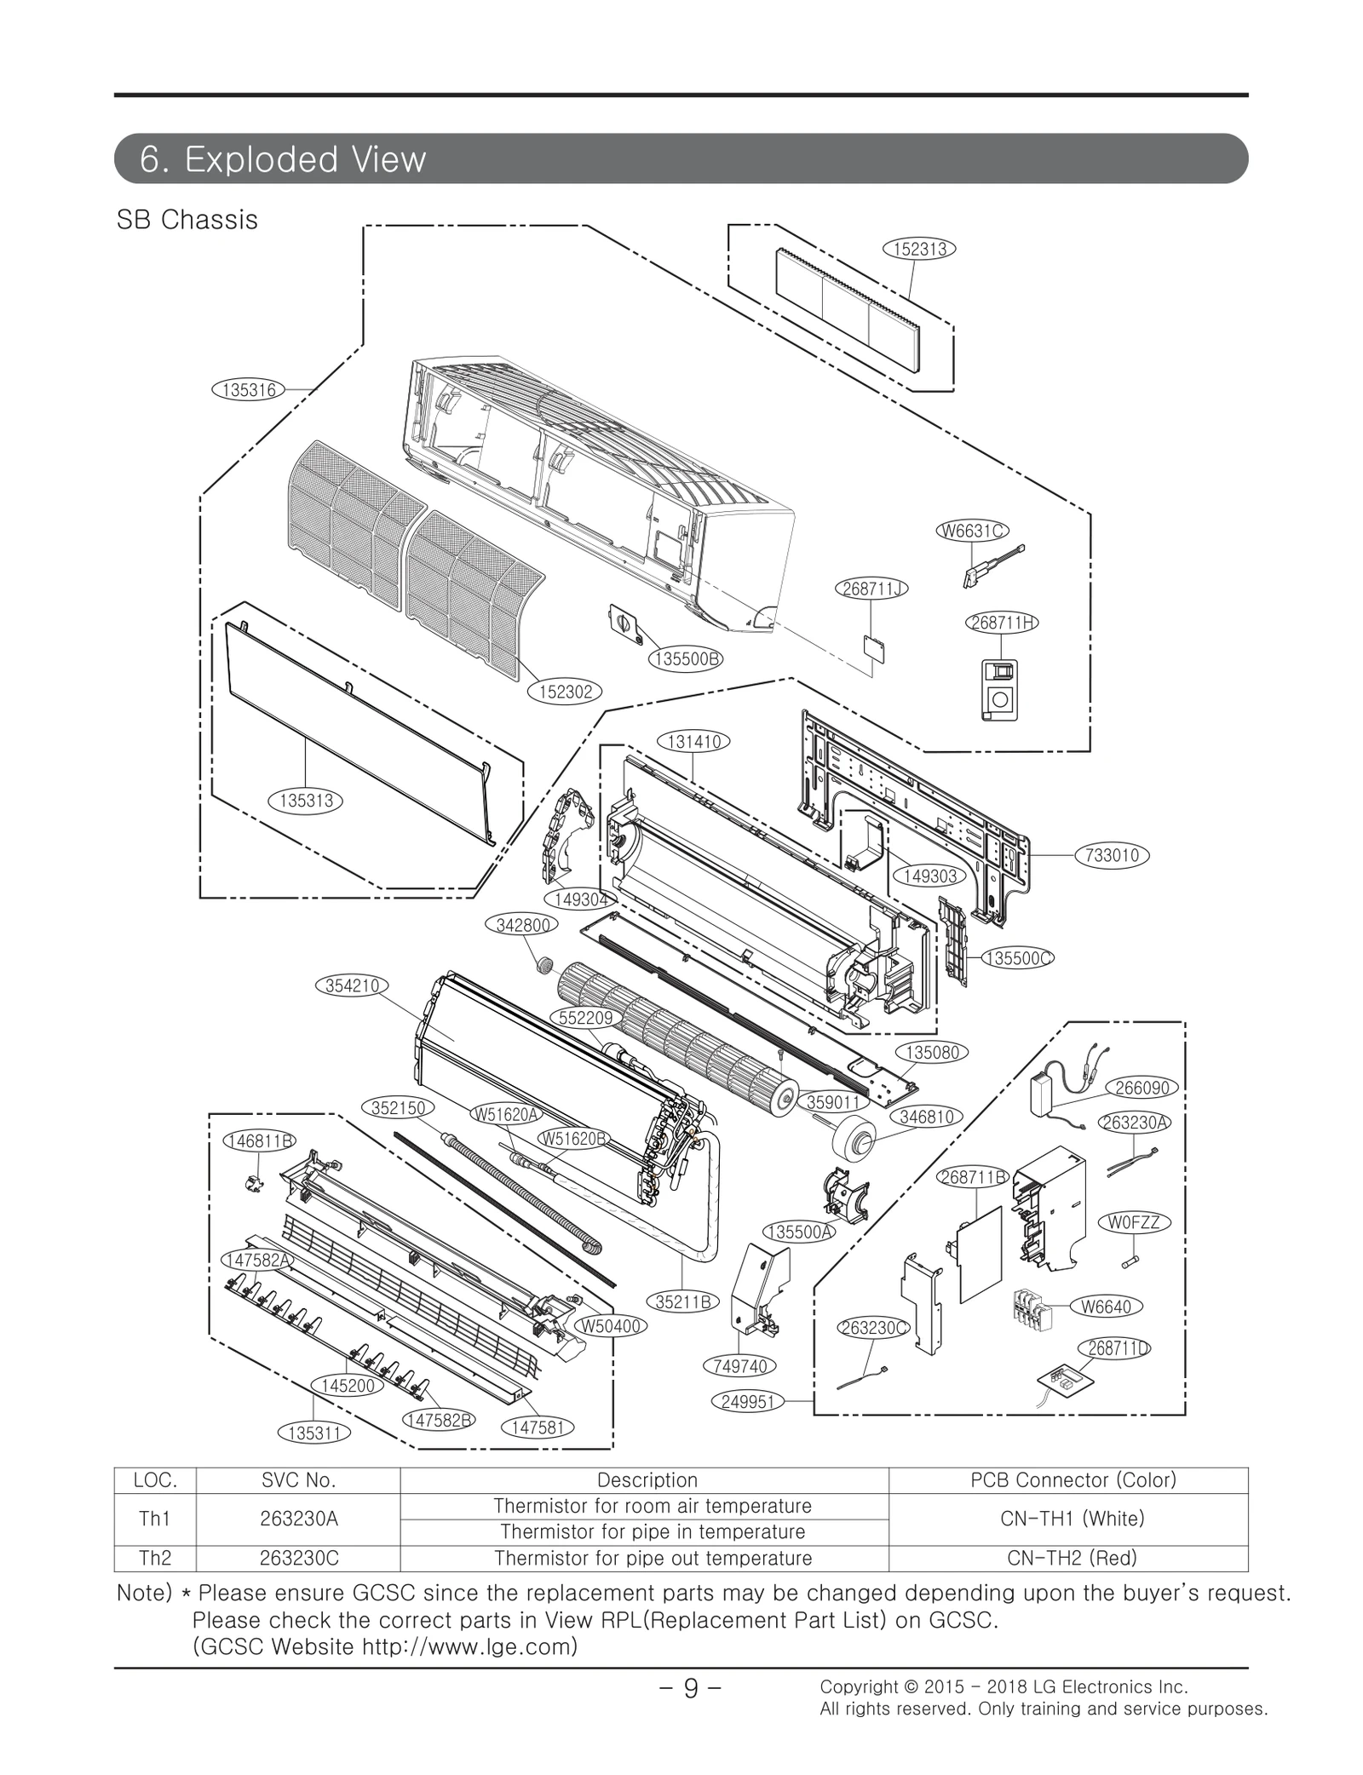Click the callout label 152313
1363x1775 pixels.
pyautogui.click(x=919, y=249)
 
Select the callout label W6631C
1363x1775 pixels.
pyautogui.click(x=972, y=531)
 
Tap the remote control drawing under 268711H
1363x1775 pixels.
pyautogui.click(x=999, y=690)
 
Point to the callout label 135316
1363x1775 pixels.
pyautogui.click(x=248, y=390)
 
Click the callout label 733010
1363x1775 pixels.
pyautogui.click(x=1113, y=855)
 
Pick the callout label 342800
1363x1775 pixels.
pyautogui.click(x=521, y=925)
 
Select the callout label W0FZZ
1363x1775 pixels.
pyautogui.click(x=1134, y=1222)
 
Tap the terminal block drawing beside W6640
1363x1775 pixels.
pyautogui.click(x=1032, y=1310)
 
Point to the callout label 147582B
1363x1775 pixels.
pyautogui.click(x=438, y=1420)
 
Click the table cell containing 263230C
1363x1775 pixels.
pyautogui.click(x=297, y=1558)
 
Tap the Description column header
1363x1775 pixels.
pyautogui.click(x=647, y=1479)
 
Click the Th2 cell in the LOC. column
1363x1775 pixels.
pyautogui.click(x=155, y=1558)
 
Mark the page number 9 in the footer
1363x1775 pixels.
pyautogui.click(x=690, y=1686)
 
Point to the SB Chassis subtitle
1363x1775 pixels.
pyautogui.click(x=187, y=220)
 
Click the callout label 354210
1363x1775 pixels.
pyautogui.click(x=351, y=985)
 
